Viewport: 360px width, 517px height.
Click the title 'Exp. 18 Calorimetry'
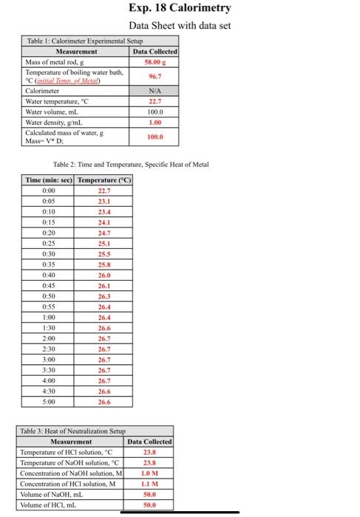click(x=180, y=9)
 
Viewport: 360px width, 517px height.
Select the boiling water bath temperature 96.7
click(x=155, y=76)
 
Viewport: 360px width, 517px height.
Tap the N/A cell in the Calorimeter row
click(x=155, y=90)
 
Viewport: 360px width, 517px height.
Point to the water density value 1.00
click(x=155, y=123)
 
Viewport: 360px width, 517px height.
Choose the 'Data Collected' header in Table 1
click(x=155, y=52)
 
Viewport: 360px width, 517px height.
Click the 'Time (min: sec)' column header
click(x=49, y=179)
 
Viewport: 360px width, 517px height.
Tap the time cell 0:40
click(x=49, y=275)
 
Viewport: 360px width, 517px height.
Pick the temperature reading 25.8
click(x=104, y=264)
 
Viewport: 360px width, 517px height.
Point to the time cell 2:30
click(x=49, y=349)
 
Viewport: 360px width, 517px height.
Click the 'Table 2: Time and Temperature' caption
click(x=132, y=164)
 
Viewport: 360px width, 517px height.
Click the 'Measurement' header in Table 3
click(x=71, y=441)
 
